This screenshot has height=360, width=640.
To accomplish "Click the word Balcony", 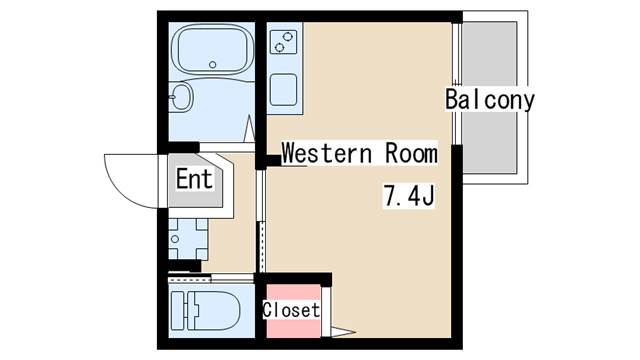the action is click(490, 100).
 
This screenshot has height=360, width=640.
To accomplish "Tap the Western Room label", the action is click(359, 153).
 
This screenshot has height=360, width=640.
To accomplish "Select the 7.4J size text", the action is click(409, 196).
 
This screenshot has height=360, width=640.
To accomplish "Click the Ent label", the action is click(195, 179).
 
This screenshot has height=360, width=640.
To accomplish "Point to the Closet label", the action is click(291, 310).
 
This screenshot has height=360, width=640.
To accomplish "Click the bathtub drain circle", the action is click(212, 64).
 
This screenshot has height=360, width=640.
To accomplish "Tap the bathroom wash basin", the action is click(181, 97).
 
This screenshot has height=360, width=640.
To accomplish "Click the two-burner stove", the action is click(283, 42).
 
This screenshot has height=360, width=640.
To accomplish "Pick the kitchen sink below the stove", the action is click(283, 90).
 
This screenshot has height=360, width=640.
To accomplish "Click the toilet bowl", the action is click(213, 311).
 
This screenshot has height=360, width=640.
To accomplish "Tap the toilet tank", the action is click(178, 311).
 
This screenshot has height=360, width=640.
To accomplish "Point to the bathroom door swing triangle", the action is click(249, 129).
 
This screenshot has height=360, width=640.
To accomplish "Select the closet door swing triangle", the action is click(341, 332).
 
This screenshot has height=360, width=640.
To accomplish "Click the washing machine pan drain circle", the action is click(175, 239).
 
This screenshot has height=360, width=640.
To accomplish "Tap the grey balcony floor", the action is click(489, 97).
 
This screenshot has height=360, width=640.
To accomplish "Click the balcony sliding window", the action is click(457, 84).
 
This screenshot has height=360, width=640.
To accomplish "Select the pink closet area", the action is click(293, 311).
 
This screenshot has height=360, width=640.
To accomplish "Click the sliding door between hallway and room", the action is click(262, 221).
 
